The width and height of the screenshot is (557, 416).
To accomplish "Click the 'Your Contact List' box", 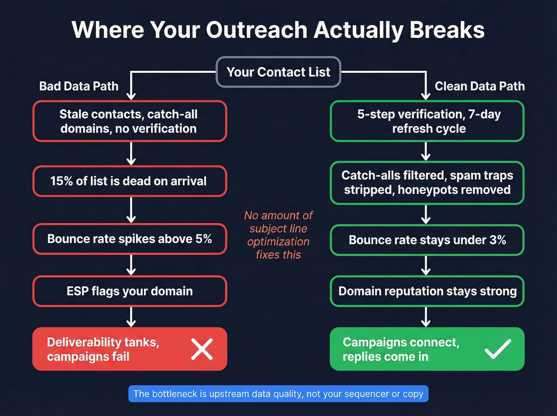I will [278, 72].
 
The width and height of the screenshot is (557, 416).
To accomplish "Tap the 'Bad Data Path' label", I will [79, 86].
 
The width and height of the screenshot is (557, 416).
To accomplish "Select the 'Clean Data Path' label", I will [479, 86].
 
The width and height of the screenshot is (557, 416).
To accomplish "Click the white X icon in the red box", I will [202, 349].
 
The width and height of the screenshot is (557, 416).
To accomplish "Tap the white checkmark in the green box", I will [498, 349].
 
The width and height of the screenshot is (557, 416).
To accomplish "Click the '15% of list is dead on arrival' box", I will [129, 181].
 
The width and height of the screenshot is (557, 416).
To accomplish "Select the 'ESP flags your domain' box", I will [129, 291].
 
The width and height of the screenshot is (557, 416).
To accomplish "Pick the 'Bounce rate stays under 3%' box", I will [427, 240].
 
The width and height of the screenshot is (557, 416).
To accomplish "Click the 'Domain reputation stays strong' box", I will [427, 291].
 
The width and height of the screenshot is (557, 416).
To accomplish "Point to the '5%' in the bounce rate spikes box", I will [203, 239].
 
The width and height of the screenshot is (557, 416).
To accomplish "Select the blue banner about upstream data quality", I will [278, 394].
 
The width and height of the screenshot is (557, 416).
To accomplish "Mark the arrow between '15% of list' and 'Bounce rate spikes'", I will [131, 210].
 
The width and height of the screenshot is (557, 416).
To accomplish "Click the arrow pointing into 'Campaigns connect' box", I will [426, 317].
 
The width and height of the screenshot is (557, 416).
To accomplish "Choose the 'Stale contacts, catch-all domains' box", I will [129, 121].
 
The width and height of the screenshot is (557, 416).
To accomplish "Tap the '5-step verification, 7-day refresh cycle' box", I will [427, 121].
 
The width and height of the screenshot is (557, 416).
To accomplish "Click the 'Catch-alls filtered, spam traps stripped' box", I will [427, 183].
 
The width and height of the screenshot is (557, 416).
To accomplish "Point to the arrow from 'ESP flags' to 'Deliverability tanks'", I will [131, 317].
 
